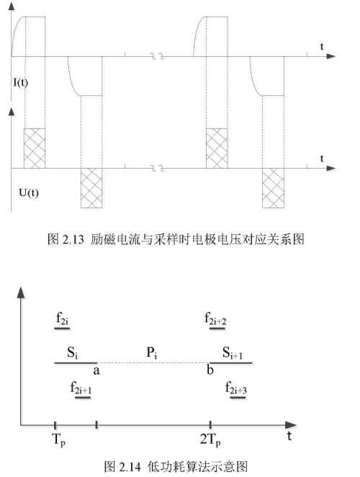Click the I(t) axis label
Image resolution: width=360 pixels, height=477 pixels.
tap(20, 82)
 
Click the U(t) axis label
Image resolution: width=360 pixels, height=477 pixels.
tap(29, 192)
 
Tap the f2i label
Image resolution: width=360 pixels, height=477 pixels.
tap(63, 318)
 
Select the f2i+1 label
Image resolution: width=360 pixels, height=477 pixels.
tap(81, 388)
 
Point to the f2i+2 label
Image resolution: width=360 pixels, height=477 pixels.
tap(215, 318)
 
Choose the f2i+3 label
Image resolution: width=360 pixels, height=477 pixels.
tap(236, 388)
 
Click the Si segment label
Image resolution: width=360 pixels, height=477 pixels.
tap(73, 352)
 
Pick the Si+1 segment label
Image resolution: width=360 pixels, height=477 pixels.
tap(233, 353)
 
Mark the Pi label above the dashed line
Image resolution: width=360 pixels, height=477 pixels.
tap(152, 353)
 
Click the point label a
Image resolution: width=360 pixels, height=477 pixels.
tap(96, 370)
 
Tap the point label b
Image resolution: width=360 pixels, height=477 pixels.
tap(210, 370)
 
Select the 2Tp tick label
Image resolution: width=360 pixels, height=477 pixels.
tap(210, 440)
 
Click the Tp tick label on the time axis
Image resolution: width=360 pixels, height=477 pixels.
tap(59, 440)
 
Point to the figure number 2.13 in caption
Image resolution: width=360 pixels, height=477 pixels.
tap(73, 240)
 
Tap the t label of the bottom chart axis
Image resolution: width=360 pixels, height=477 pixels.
tap(289, 435)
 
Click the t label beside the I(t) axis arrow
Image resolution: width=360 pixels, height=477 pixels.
tap(322, 47)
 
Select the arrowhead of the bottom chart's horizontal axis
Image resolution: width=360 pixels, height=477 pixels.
tap(291, 425)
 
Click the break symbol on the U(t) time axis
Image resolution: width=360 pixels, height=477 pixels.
tap(158, 168)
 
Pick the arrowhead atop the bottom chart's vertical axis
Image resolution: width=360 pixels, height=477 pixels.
tap(21, 293)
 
